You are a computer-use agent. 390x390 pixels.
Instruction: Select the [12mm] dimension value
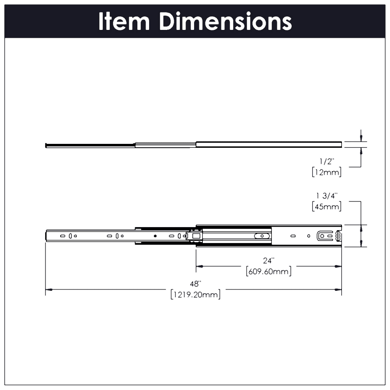[x=327, y=172]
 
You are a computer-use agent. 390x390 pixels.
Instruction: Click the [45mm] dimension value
[x=327, y=206]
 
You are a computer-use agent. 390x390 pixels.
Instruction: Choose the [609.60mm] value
[x=268, y=272]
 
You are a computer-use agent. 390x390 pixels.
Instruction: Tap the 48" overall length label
[x=196, y=284]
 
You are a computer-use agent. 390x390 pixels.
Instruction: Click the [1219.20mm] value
[x=195, y=295]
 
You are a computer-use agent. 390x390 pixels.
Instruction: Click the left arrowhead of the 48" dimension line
[x=49, y=289]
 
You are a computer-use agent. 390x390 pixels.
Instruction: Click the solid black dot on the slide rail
[x=155, y=236]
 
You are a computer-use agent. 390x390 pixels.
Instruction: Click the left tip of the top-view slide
[x=46, y=145]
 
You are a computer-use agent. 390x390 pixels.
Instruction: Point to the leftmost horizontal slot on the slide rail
[x=62, y=236]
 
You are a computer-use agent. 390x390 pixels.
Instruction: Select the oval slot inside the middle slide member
[x=261, y=236]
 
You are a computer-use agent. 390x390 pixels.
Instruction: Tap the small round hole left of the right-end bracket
[x=309, y=236]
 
